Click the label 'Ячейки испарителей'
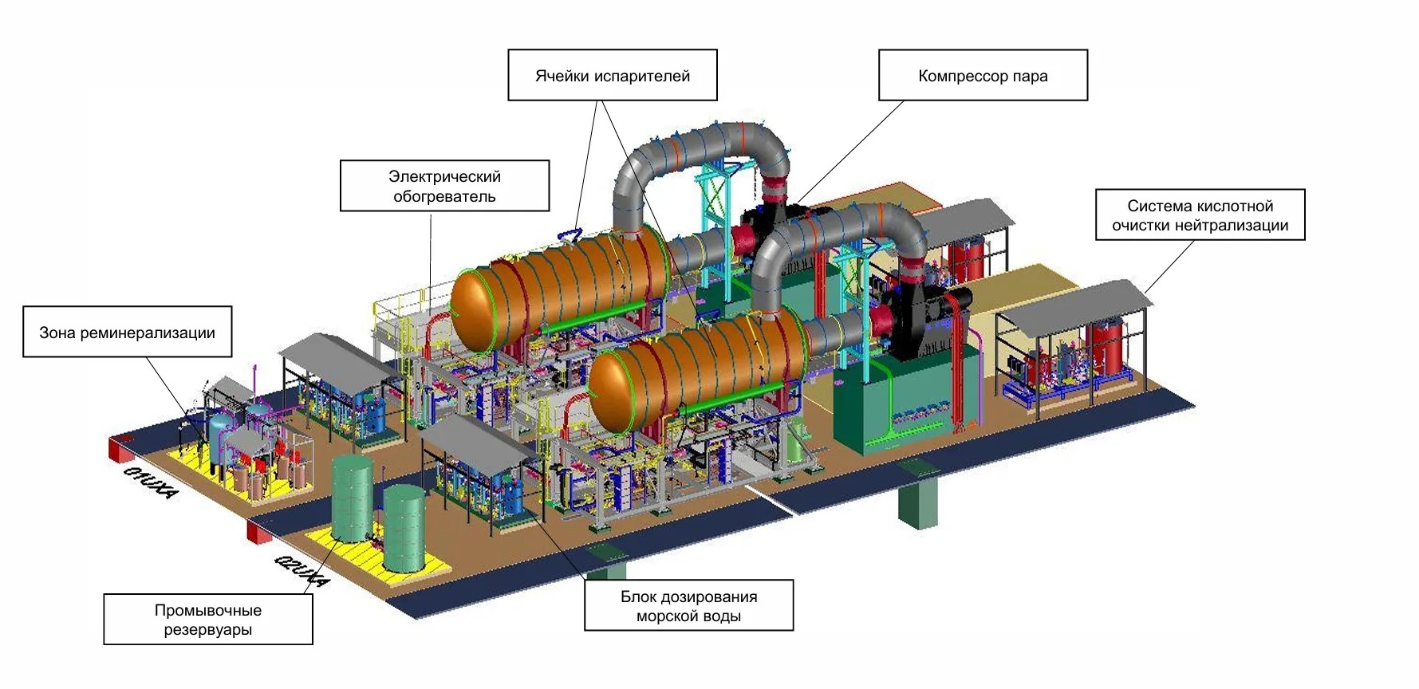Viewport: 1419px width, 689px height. point(612,76)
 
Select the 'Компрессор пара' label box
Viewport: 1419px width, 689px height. point(983,76)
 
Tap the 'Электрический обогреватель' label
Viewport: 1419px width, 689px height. point(444,186)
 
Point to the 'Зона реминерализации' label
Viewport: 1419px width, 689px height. point(128,332)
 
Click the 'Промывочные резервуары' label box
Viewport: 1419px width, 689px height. point(208,620)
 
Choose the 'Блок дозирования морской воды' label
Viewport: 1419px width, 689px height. point(689,606)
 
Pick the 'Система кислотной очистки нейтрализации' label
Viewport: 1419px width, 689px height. point(1200,215)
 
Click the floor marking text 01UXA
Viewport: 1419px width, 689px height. point(151,481)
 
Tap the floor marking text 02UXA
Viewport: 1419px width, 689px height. point(302,569)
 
